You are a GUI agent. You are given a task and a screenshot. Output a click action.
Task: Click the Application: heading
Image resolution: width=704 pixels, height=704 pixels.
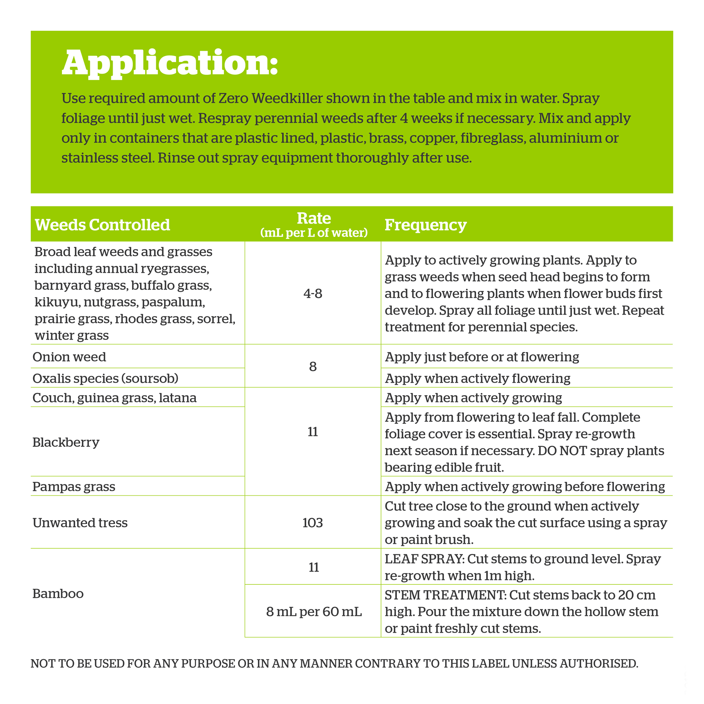(170, 63)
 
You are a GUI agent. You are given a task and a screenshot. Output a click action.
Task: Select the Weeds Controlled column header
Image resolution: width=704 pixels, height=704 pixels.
(102, 225)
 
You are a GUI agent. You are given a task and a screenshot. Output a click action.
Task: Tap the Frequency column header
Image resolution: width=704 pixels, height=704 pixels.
(425, 225)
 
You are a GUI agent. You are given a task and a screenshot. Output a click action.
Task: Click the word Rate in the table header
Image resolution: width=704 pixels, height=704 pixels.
(314, 218)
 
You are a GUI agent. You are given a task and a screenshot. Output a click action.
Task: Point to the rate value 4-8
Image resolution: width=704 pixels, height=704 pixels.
(313, 293)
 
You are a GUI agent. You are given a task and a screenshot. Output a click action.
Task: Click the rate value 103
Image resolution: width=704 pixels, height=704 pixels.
(313, 523)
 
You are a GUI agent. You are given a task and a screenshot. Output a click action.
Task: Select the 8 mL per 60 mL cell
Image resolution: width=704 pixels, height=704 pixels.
(314, 612)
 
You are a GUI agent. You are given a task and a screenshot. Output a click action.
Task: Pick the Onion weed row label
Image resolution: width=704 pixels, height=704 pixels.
(70, 357)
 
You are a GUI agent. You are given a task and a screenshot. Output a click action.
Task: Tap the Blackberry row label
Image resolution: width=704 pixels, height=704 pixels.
(66, 442)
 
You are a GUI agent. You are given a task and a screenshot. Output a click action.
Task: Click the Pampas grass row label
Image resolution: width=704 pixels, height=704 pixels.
(74, 487)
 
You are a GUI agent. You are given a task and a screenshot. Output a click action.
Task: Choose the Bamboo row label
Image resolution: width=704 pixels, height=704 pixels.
(58, 594)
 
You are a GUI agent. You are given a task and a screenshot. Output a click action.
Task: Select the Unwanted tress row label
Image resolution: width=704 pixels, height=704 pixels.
(80, 523)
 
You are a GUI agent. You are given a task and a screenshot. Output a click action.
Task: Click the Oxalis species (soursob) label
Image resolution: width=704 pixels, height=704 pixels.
(105, 378)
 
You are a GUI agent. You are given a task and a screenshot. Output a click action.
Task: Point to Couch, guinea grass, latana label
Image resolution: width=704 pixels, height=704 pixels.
(114, 398)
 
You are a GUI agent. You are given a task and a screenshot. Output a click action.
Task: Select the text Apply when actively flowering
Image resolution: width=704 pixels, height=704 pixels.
(477, 378)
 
